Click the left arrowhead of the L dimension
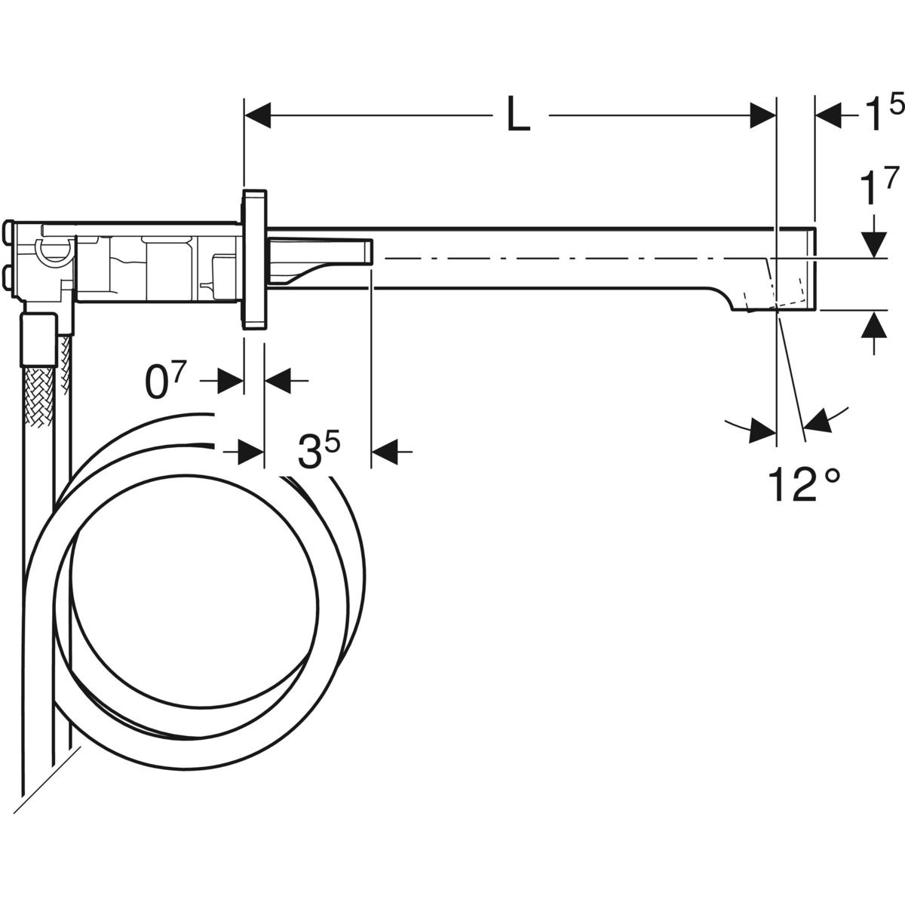point(257,116)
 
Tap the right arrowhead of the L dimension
point(763,116)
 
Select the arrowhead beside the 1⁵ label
point(829,116)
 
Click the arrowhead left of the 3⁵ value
point(251,452)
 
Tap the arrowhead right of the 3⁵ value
point(385,452)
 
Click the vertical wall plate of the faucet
point(254,260)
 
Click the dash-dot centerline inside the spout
point(566,258)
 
